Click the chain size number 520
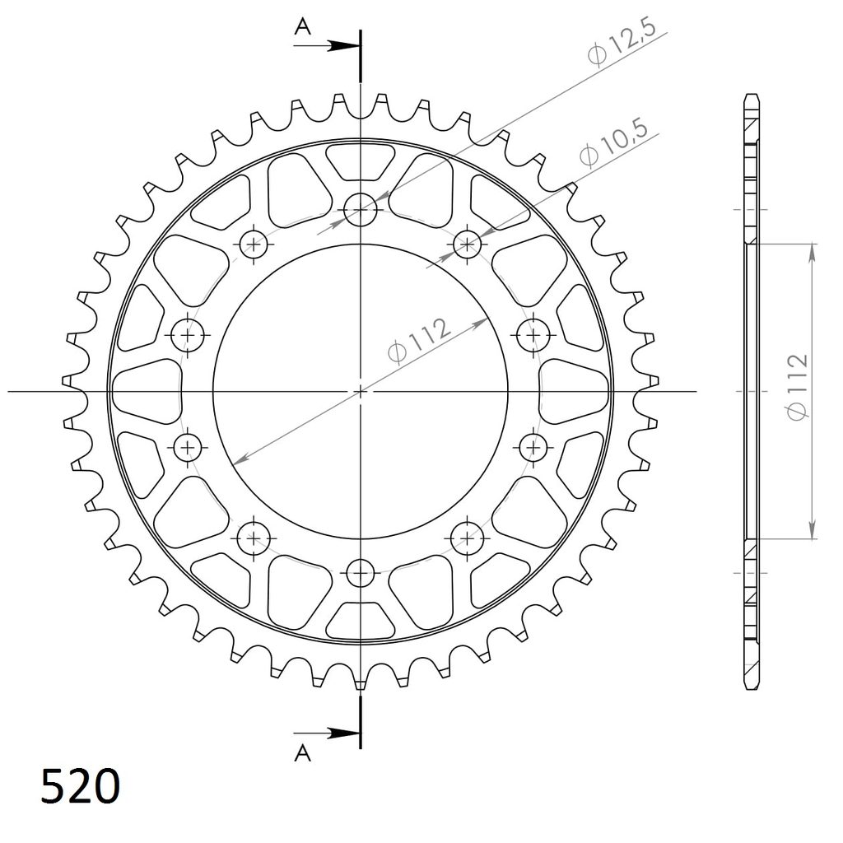click(80, 786)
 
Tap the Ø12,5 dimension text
click(622, 43)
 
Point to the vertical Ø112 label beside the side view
click(797, 387)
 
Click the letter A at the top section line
click(303, 26)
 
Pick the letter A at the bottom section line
click(303, 753)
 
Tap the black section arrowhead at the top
click(344, 46)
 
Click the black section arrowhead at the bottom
click(344, 734)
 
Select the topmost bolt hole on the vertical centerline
click(361, 209)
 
